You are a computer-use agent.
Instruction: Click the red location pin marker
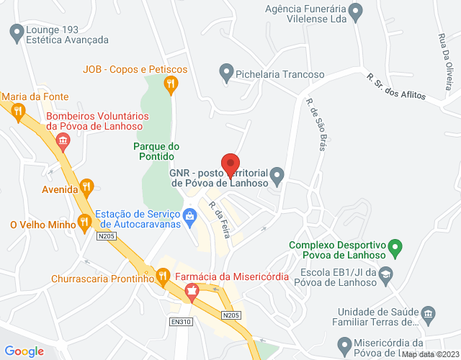coord(230,165)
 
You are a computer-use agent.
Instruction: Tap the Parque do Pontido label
coord(154,150)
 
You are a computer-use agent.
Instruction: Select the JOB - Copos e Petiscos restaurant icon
coord(171,85)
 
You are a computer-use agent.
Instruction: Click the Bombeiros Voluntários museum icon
coord(63,141)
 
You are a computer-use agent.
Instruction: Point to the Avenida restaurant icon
coord(87,186)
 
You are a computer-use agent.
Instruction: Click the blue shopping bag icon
coord(189,215)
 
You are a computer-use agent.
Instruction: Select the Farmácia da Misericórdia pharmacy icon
coord(191,292)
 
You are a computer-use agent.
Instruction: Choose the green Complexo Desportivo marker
coord(394,249)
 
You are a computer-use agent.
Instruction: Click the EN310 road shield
coord(182,321)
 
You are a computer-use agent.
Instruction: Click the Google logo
coord(25,351)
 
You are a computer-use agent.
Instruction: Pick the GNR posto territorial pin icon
coord(277,175)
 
